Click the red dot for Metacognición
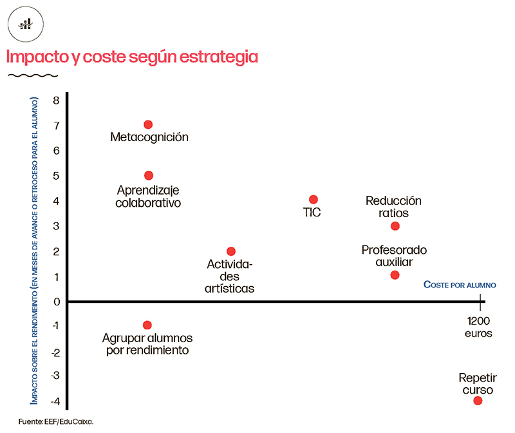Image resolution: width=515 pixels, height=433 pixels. click(148, 124)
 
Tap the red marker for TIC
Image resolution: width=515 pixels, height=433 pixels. click(314, 200)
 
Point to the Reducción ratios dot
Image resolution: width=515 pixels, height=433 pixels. click(395, 226)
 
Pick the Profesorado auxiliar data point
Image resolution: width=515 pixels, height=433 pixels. click(395, 275)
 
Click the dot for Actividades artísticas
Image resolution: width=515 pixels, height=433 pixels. click(231, 251)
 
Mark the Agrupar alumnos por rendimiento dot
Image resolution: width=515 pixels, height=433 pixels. click(147, 325)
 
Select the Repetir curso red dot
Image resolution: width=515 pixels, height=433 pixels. click(478, 400)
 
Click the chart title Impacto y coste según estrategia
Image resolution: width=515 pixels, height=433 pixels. click(132, 57)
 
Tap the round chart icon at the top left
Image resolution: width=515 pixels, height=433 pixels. click(25, 24)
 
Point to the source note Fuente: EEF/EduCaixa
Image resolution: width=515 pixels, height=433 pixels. click(57, 421)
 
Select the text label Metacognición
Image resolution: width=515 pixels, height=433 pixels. click(149, 137)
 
